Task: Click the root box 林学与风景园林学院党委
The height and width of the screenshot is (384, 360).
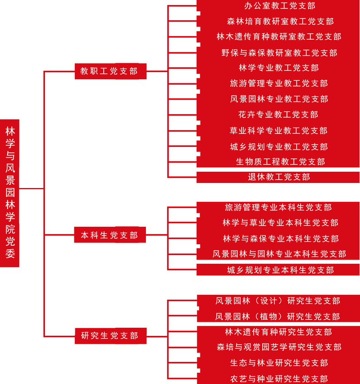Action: (x=9, y=193)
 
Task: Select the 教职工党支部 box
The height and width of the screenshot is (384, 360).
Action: (x=110, y=71)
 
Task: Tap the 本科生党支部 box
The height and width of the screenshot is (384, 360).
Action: (x=110, y=235)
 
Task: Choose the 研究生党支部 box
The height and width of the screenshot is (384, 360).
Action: (x=110, y=336)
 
